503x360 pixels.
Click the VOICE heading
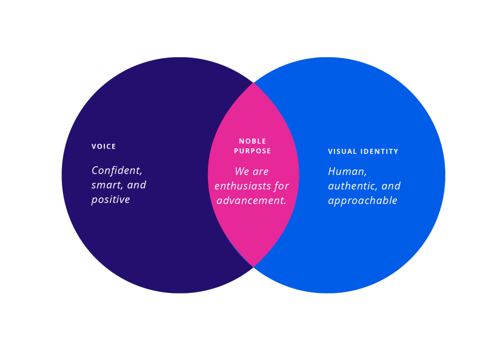pos(104,147)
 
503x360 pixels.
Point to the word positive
pos(110,200)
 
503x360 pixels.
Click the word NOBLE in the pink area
pos(252,141)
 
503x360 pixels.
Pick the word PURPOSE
pos(252,151)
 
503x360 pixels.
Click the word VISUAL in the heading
pos(342,152)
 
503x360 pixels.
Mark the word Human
pos(347,172)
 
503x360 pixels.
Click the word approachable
pos(362,201)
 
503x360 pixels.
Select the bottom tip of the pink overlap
pos(253,267)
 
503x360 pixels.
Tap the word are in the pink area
pos(261,172)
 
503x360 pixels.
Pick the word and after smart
pos(137,185)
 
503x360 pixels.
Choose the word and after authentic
pos(391,186)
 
